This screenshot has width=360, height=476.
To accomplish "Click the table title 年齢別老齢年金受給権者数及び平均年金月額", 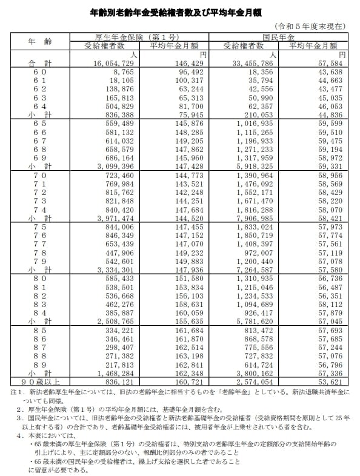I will coord(179,12).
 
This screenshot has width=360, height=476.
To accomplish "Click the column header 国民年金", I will coord(279,37).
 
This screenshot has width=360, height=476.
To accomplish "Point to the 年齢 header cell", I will coord(40,41).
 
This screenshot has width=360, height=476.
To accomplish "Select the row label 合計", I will coord(40,63).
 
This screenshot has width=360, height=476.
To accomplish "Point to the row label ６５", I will coord(40,122).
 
